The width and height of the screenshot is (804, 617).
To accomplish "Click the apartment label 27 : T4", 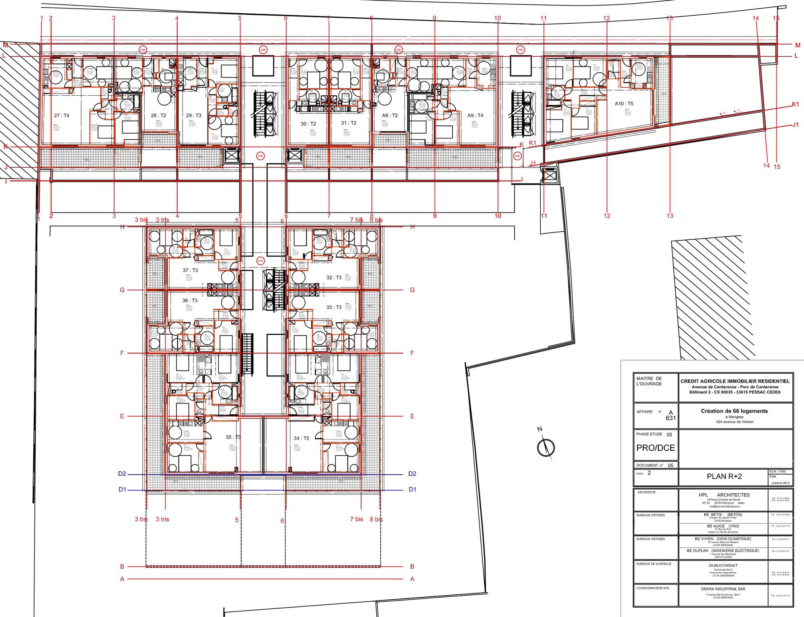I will point(62,115).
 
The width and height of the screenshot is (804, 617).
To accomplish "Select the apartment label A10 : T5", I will point(624,104).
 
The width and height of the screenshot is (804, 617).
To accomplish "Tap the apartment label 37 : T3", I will point(190,270).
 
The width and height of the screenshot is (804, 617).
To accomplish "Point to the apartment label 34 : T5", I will point(301,438).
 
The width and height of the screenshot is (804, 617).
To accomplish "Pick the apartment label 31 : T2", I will point(349,123).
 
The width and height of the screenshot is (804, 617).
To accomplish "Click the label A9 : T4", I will point(475,115).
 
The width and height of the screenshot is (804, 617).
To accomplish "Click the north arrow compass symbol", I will point(546,447).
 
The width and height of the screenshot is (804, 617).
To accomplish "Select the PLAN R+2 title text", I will point(724,476).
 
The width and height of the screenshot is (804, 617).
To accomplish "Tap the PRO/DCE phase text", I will point(655,448).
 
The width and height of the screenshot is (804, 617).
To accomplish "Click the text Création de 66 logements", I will point(734,411).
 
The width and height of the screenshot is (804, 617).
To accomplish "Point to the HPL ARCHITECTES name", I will point(724,495).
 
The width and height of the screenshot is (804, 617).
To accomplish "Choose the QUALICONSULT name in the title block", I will point(723,565).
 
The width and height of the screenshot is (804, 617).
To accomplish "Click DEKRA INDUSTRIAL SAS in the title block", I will point(723,589).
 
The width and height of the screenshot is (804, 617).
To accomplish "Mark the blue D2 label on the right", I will point(412,474).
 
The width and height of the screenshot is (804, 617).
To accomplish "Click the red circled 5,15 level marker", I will point(260,261).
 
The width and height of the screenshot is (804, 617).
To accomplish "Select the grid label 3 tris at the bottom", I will point(162,519).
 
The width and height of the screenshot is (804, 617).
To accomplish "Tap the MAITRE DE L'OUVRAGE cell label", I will point(649,381).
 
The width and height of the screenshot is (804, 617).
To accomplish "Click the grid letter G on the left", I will point(122,290).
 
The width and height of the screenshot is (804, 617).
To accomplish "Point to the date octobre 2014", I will point(780,483).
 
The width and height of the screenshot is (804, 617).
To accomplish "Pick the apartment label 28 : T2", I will point(158,115).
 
